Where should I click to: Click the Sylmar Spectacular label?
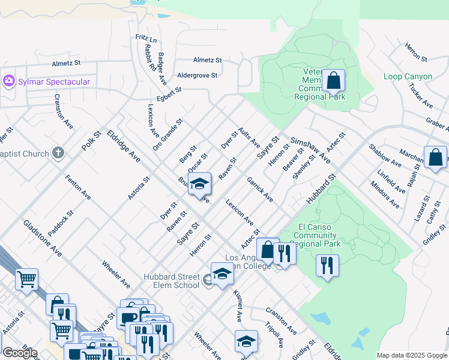54,82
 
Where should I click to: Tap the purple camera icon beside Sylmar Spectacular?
9,81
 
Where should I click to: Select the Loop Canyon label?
408,77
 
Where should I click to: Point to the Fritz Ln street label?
146,39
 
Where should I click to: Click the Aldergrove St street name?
197,75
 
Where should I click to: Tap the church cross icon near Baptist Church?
58,154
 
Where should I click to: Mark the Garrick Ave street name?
259,189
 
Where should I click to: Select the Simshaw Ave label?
310,150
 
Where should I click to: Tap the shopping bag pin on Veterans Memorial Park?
333,80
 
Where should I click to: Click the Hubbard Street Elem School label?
171,281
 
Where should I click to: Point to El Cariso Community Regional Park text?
319,235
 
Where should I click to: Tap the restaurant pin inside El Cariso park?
327,266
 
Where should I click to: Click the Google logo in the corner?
20,352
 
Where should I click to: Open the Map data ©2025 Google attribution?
411,355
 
